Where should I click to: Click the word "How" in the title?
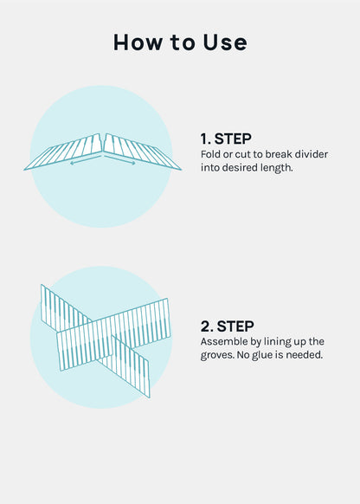pos(138,42)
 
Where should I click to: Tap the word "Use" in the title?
pos(225,42)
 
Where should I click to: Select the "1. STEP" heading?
pos(226,139)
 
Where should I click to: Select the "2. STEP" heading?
pos(227,326)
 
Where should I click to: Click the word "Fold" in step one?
pos(210,154)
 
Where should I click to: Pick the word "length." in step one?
pos(277,168)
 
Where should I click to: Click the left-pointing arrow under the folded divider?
pos(86,160)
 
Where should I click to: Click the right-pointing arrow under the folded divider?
pos(119,160)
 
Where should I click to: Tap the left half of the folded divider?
pos(63,152)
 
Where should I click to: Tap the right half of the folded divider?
pos(142,152)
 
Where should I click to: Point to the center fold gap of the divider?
pos(103,144)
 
